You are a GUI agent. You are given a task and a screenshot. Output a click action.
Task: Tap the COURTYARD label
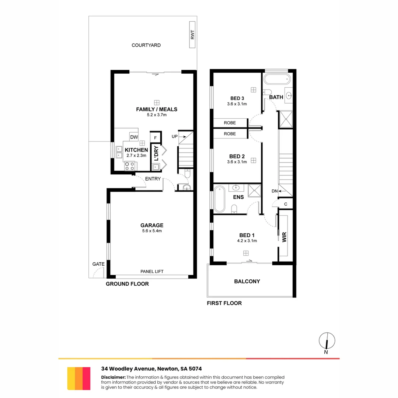tap(146, 45)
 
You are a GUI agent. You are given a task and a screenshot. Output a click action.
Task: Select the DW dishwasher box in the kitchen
tap(134, 137)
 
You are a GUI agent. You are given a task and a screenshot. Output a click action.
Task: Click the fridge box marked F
tap(156, 137)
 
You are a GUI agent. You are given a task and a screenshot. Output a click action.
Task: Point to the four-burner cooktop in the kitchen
tap(130, 166)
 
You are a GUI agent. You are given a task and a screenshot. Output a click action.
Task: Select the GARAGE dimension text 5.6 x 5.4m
tap(151, 231)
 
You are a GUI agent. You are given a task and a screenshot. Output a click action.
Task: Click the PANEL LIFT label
tap(152, 272)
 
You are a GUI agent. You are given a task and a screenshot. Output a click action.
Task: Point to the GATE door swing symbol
tap(98, 273)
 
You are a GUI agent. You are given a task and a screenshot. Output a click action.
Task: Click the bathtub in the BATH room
tap(276, 79)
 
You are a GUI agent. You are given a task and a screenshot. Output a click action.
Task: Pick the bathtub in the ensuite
tap(219, 199)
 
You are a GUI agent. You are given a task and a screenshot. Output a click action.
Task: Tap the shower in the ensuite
tap(254, 191)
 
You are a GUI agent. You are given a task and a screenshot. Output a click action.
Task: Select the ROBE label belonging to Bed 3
tap(230, 123)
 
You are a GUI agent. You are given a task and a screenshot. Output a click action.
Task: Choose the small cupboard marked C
tap(285, 204)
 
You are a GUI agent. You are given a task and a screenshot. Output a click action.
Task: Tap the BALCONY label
tap(247, 282)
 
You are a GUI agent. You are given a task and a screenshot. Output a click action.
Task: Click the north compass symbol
tap(327, 341)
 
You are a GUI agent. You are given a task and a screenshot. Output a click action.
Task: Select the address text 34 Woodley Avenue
tap(129, 369)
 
